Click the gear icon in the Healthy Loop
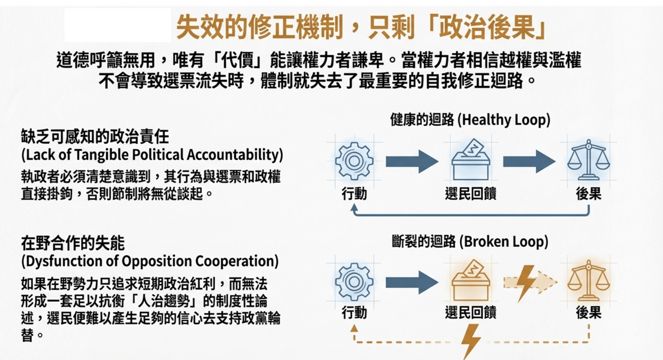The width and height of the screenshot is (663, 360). click(x=354, y=161)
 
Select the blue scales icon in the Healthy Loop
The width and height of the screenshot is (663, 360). click(x=588, y=160)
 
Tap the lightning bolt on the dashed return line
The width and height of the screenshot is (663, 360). click(x=470, y=341)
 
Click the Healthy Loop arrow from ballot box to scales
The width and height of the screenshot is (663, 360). click(x=529, y=161)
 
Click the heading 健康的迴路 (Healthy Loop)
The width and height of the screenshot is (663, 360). click(x=470, y=120)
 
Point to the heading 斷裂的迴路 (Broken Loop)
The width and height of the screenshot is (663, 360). click(x=470, y=241)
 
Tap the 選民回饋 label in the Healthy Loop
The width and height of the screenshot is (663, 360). click(x=470, y=194)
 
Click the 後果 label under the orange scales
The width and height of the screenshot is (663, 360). click(x=588, y=312)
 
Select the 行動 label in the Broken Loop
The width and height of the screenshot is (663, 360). click(x=354, y=312)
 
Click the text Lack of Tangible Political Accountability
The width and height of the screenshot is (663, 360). click(x=152, y=155)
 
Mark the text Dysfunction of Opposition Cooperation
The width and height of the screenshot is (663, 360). click(x=150, y=261)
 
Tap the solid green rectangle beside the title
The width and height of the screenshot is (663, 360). click(x=118, y=25)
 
